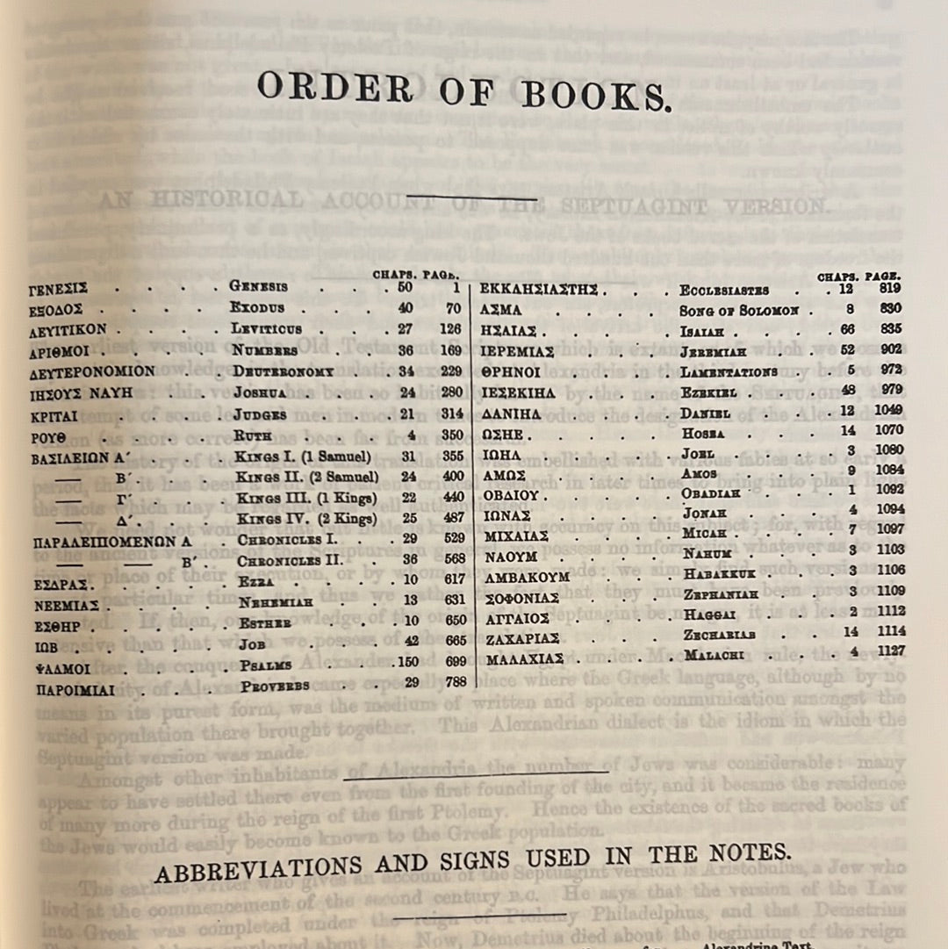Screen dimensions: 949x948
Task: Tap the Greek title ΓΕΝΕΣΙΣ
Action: coord(58,288)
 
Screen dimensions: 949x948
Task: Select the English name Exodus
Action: coord(257,308)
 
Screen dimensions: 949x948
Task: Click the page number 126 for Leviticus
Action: coord(450,329)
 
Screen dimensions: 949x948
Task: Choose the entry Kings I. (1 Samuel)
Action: coord(303,456)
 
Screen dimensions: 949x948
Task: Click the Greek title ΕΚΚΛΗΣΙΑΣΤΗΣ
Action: coord(540,289)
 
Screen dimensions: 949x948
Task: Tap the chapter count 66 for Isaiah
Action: coord(847,329)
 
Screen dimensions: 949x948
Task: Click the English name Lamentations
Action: coord(729,372)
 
